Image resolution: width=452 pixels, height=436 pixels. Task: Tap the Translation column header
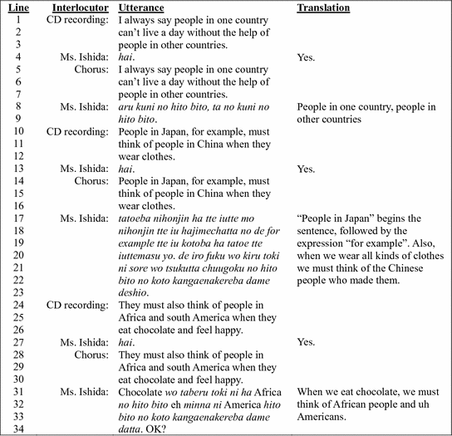pos(323,7)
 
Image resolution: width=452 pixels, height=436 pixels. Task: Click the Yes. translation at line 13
pos(306,169)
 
